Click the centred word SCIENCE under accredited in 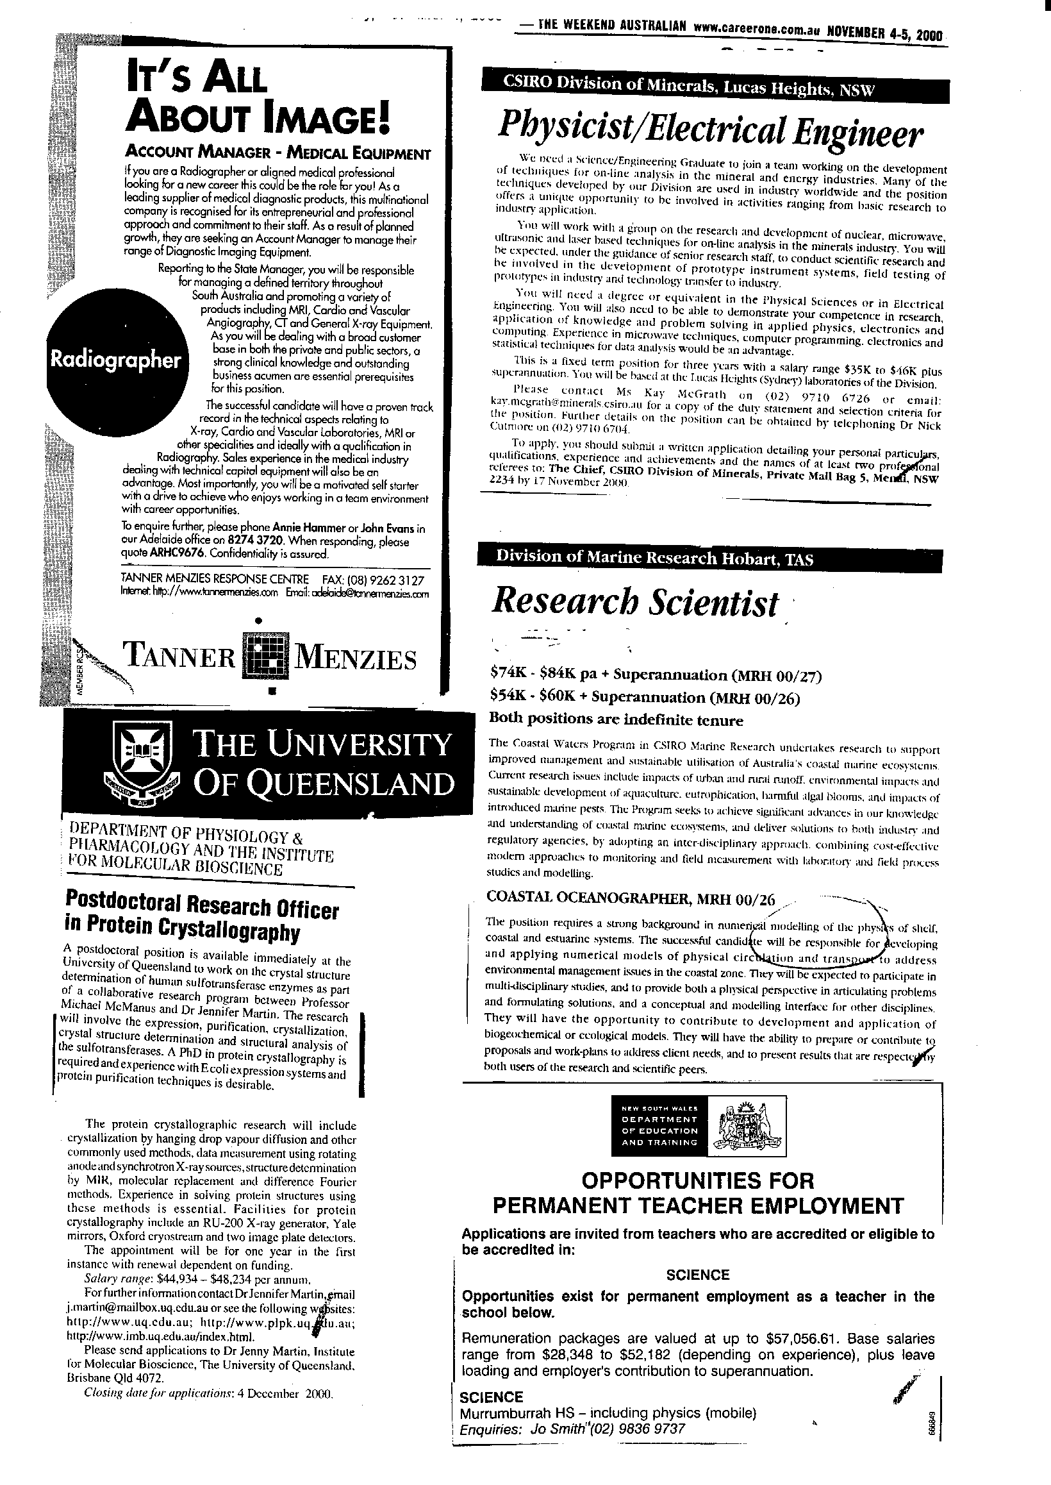698,1275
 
